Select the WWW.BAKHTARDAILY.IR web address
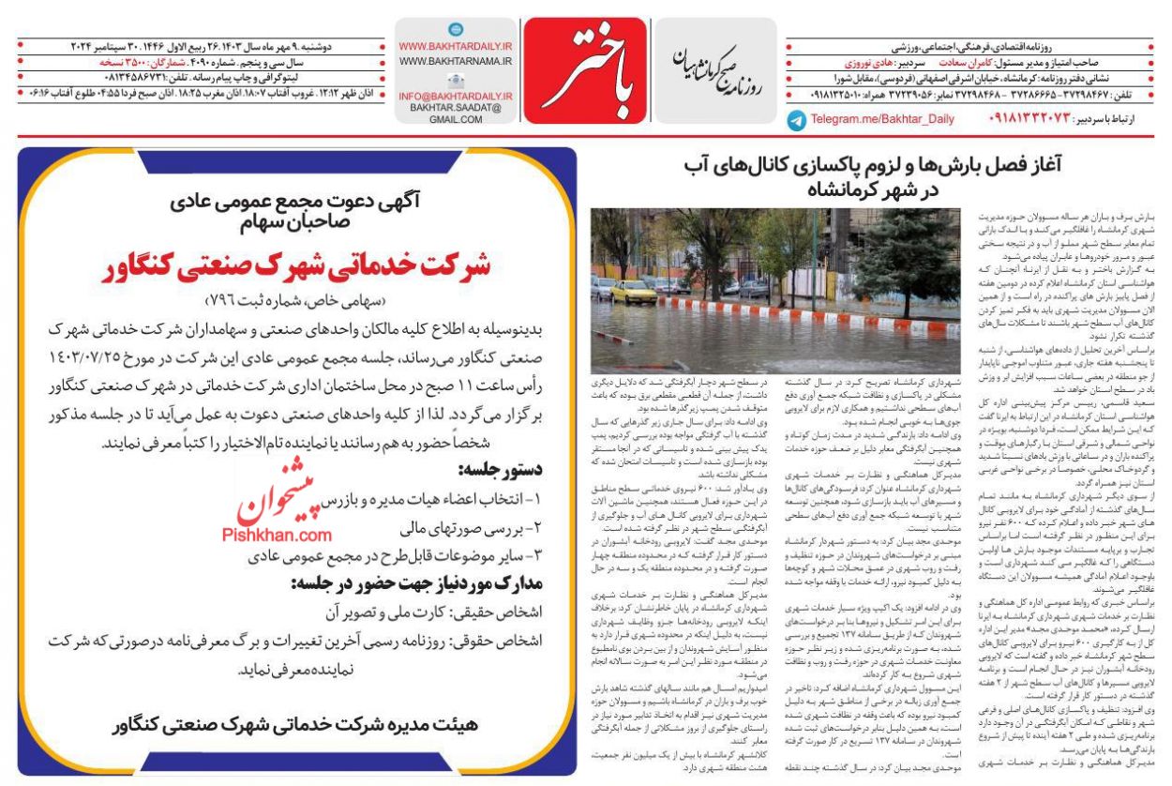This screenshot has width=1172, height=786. (455, 46)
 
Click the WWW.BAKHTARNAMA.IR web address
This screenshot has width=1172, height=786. (455, 61)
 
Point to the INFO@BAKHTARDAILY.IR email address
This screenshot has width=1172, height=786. (455, 96)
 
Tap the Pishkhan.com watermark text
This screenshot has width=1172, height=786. (277, 536)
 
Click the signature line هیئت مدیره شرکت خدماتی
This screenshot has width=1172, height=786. (297, 725)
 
